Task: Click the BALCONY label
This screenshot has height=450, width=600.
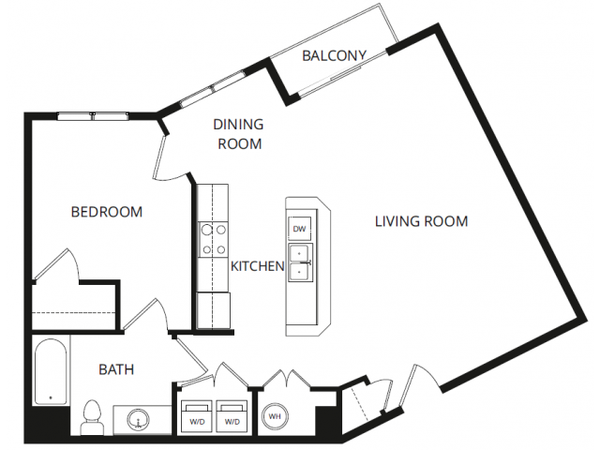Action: [334, 56]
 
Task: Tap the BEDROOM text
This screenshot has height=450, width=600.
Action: [107, 212]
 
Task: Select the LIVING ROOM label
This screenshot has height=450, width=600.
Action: [421, 221]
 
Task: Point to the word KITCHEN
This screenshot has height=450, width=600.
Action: [258, 266]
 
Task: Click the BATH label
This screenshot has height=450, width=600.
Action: [116, 369]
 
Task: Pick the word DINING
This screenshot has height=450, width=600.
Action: [238, 125]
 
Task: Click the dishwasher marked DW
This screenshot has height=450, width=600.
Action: [300, 229]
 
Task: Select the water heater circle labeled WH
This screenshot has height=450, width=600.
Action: [275, 416]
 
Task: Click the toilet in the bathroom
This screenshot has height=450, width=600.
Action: [91, 416]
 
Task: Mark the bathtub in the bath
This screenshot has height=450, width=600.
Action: [51, 371]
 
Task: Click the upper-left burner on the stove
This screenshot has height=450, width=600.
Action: [207, 230]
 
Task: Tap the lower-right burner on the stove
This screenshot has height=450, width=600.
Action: [221, 250]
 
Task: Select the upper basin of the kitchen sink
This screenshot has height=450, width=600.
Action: [300, 253]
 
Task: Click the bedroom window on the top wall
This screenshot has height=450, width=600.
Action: [93, 116]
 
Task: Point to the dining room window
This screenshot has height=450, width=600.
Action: [212, 89]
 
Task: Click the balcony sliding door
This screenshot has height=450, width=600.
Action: [330, 81]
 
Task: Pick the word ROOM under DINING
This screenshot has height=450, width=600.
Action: [240, 143]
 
